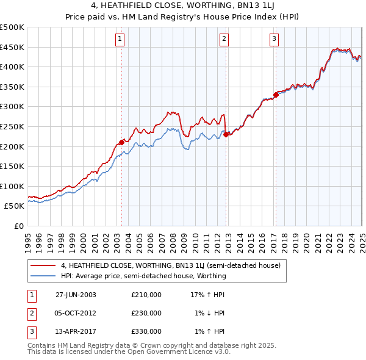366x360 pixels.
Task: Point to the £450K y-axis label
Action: (12, 47)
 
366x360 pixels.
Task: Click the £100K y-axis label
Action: (12, 186)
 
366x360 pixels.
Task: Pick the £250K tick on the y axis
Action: (12, 126)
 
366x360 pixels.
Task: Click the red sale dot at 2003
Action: (122, 142)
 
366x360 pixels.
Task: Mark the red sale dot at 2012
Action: (226, 134)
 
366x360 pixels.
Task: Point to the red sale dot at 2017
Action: (276, 95)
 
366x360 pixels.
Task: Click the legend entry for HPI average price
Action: (143, 276)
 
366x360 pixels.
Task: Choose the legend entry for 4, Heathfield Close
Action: (170, 266)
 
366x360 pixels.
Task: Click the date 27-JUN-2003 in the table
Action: (76, 295)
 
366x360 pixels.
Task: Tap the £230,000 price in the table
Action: (146, 313)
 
